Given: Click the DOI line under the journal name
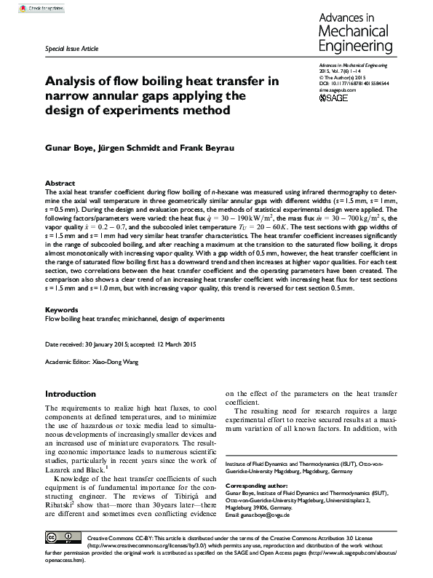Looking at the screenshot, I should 354,84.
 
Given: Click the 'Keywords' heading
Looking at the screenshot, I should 62,309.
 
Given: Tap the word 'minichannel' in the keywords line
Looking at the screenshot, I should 140,318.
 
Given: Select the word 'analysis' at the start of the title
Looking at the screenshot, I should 74,81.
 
